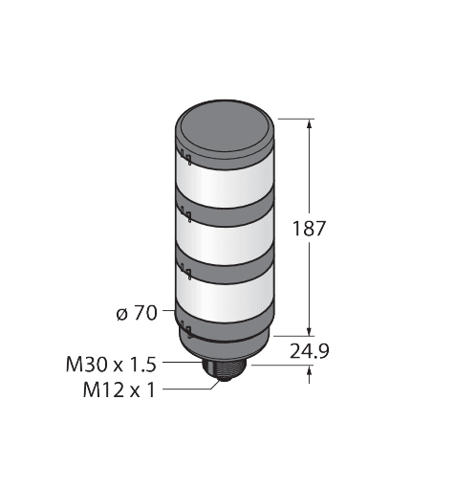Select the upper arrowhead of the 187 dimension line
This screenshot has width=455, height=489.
pyautogui.click(x=309, y=122)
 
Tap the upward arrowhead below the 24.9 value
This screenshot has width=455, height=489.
pyautogui.click(x=309, y=375)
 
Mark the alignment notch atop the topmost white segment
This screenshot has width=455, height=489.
pyautogui.click(x=185, y=154)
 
